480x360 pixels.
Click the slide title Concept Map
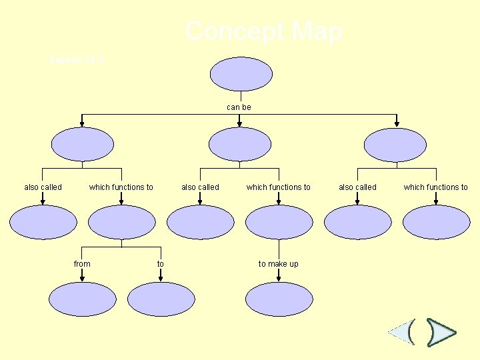coord(264,31)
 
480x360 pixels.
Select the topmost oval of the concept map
coord(240,74)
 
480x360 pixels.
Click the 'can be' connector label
coord(239,107)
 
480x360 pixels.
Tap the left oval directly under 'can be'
coord(83,145)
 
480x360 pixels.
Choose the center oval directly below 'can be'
coord(240,145)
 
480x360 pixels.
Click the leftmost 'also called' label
coord(43,187)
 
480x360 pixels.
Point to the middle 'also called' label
coord(200,187)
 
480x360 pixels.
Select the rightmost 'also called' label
coord(357,187)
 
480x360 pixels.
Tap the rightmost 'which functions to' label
coord(436,187)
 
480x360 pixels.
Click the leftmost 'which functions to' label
coord(121,187)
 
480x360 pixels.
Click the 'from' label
coord(82,264)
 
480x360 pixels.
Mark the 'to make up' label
coord(279,264)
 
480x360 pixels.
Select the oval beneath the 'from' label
coord(82,299)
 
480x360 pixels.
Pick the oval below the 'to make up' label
coord(279,299)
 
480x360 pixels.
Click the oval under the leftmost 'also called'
coord(43,222)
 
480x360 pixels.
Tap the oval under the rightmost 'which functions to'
coord(436,222)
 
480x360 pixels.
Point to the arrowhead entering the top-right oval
coord(397,123)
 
